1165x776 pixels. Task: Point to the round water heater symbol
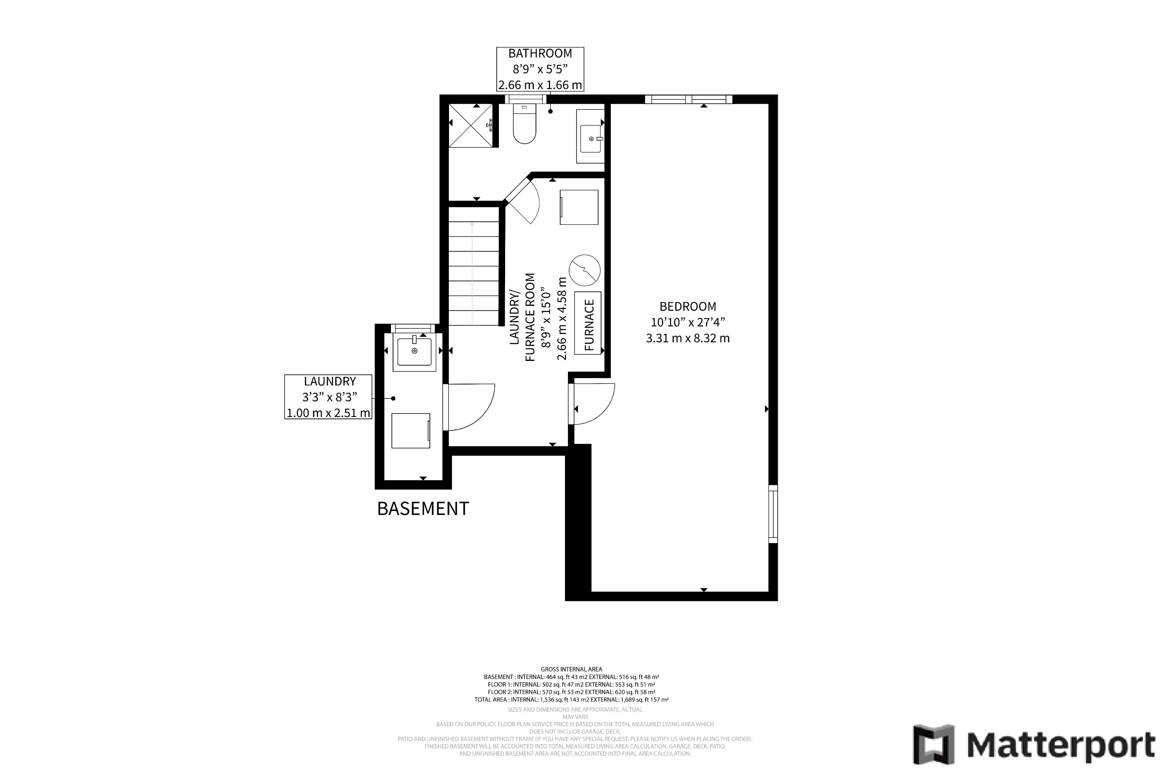pyautogui.click(x=585, y=270)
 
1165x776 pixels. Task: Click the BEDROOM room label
pyautogui.click(x=688, y=306)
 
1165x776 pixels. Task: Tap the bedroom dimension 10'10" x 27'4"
pyautogui.click(x=688, y=322)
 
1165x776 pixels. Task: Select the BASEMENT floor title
pyautogui.click(x=423, y=509)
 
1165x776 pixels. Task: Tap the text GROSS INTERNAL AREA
pyautogui.click(x=571, y=669)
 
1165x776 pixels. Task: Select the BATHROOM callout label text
pyautogui.click(x=540, y=53)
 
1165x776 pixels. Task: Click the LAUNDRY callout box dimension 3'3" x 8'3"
pyautogui.click(x=330, y=397)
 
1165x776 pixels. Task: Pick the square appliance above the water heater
pyautogui.click(x=579, y=207)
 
